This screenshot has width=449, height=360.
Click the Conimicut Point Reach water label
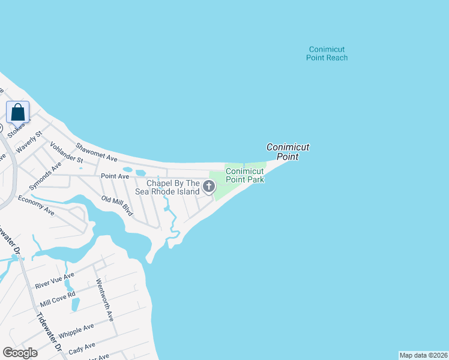[x=327, y=53]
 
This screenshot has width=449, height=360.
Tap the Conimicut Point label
[x=288, y=151]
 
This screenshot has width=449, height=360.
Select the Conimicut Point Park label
[x=245, y=175]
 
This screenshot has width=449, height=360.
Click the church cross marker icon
[x=209, y=187]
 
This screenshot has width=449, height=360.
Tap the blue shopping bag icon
[x=18, y=112]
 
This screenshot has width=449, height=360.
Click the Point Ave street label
[x=115, y=176]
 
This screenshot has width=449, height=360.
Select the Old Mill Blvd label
[x=116, y=206]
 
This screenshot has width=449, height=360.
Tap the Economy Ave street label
[x=36, y=205]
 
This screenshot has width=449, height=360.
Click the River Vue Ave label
[x=55, y=279]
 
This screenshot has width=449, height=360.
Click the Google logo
[x=20, y=353]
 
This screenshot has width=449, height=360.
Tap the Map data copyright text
[x=423, y=355]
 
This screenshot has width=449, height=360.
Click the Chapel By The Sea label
[x=173, y=187]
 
